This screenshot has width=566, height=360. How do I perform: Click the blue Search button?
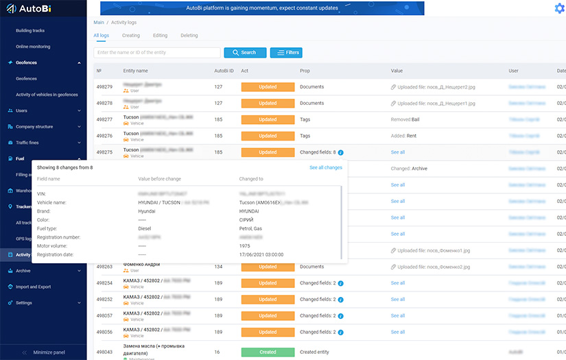(x=244, y=53)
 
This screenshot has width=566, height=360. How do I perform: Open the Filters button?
(x=286, y=53)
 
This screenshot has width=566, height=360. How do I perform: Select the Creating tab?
(x=131, y=36)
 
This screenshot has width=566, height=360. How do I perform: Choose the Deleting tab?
(x=189, y=36)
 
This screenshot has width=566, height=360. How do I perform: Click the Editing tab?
(x=160, y=36)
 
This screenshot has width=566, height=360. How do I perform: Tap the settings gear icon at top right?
(x=559, y=8)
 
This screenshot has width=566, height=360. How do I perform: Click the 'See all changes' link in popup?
(x=325, y=167)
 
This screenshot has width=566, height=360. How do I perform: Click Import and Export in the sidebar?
(x=34, y=287)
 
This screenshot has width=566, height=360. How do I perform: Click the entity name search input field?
(x=157, y=53)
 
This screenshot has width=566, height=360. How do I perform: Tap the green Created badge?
(x=268, y=352)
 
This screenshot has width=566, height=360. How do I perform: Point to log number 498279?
(x=104, y=87)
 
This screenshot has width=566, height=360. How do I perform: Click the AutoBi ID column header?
(x=224, y=71)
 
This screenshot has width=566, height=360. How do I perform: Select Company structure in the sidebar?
(x=34, y=127)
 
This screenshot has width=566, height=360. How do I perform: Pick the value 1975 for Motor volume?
(x=245, y=245)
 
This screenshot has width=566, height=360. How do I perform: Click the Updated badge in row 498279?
(x=268, y=87)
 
